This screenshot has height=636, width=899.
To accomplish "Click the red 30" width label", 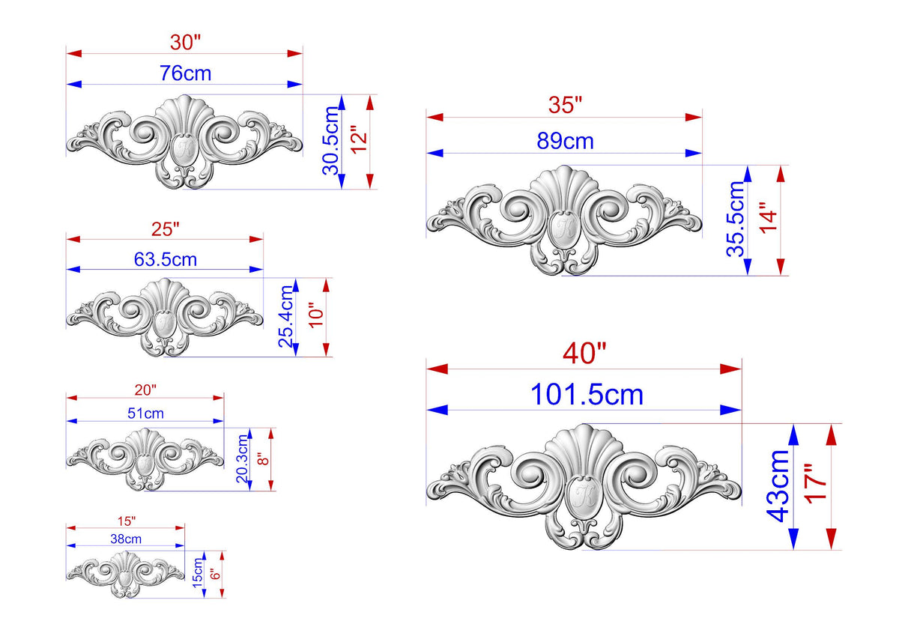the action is click(185, 42).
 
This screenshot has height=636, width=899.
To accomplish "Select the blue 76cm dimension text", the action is click(186, 73).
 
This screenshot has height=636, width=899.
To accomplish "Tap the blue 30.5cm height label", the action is click(331, 140).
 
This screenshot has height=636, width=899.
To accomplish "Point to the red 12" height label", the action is click(359, 139).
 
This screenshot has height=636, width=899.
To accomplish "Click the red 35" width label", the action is click(565, 105).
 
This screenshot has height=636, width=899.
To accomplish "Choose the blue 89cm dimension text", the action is click(565, 141).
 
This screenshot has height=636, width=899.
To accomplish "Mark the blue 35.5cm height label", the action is click(735, 219).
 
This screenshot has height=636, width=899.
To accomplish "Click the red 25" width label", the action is click(165, 229).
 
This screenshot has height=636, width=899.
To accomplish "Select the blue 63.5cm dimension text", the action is click(166, 260).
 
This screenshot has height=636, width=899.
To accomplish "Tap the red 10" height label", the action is click(316, 318).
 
